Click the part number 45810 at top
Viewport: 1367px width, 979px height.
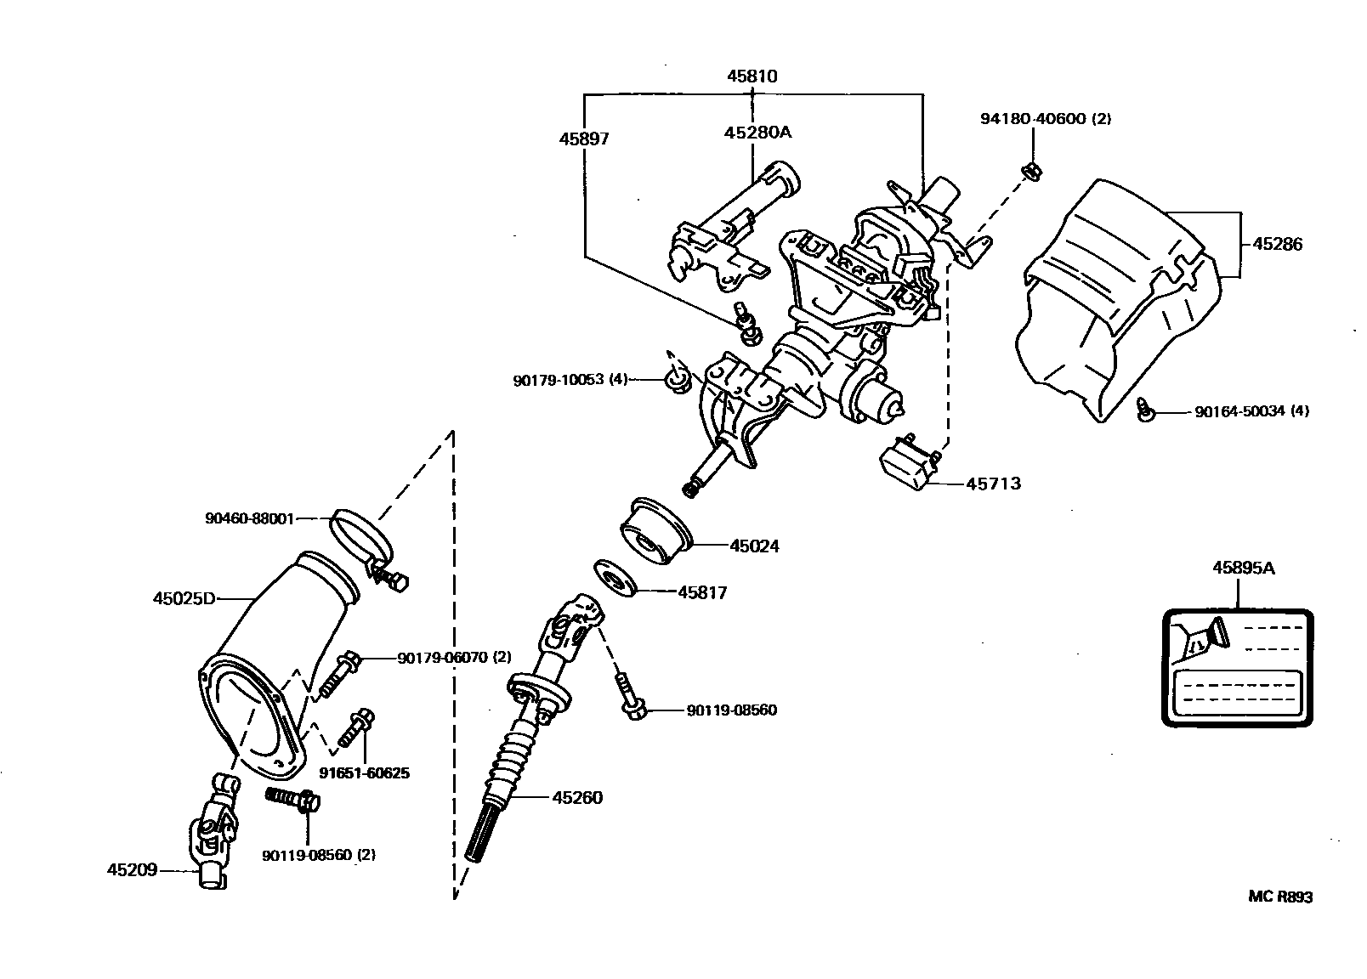pyautogui.click(x=752, y=76)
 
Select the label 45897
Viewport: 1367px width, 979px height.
pyautogui.click(x=583, y=138)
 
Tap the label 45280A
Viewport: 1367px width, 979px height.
pyautogui.click(x=757, y=132)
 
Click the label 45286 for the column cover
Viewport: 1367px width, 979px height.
pyautogui.click(x=1277, y=245)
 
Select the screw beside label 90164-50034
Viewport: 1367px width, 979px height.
pyautogui.click(x=1144, y=411)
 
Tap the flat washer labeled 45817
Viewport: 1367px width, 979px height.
pyautogui.click(x=615, y=579)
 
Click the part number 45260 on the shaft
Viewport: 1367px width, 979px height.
pyautogui.click(x=577, y=797)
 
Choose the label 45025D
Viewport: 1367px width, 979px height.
pyautogui.click(x=184, y=598)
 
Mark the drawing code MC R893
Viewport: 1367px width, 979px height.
pyautogui.click(x=1279, y=897)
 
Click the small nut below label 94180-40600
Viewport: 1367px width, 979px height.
pyautogui.click(x=1033, y=171)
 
